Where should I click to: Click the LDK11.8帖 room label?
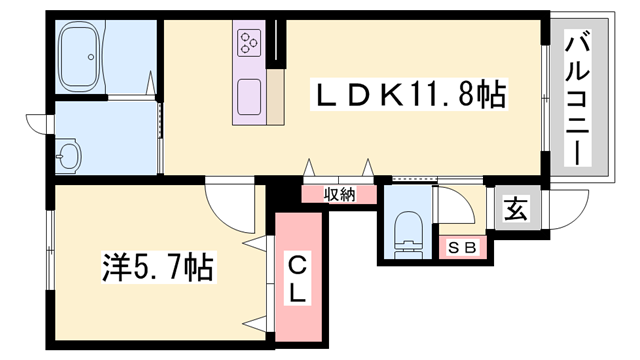pos(410,97)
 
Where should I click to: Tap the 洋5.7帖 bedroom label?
pos(159,267)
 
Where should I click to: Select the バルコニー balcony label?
pos(579,97)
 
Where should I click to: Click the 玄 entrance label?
pos(515,209)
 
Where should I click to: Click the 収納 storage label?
pos(339,195)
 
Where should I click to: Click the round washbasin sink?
pos(69,155)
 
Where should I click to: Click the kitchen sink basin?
pos(249,98)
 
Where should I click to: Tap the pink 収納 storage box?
pos(339,195)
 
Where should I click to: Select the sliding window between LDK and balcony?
pos(546,97)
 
